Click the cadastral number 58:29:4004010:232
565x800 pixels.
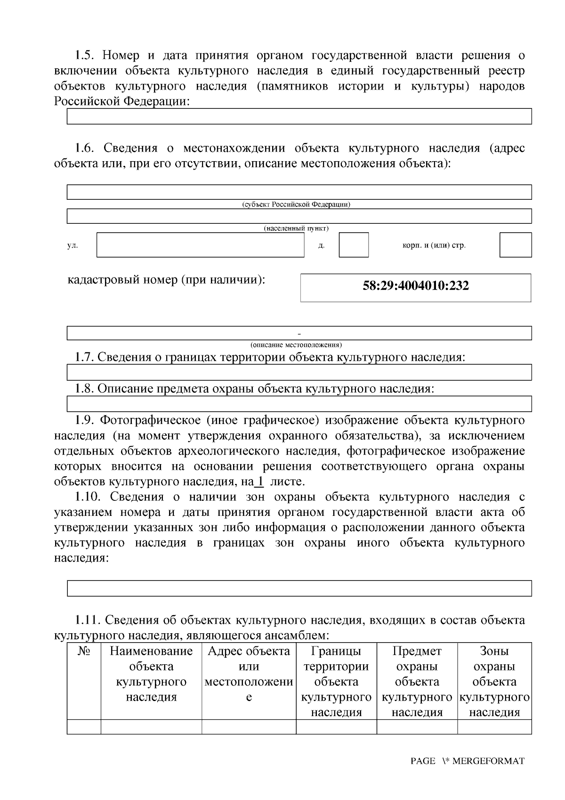tap(416, 286)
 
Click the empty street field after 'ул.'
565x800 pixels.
tap(200, 245)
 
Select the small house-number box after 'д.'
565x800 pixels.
tap(354, 245)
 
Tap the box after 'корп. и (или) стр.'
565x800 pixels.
tap(515, 245)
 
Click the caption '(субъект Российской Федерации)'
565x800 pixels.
tap(296, 205)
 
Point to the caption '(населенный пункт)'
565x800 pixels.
tap(296, 229)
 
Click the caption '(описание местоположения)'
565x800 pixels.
tap(296, 344)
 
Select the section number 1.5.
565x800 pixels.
tap(85, 56)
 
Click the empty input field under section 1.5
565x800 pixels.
tap(299, 116)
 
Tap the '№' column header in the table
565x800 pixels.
tap(84, 651)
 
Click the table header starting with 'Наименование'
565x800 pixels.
tap(151, 674)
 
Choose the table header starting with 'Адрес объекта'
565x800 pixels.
tap(249, 674)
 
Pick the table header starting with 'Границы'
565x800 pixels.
tap(336, 681)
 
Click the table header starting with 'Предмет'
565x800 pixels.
tap(417, 681)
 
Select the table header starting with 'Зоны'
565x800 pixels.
tap(494, 681)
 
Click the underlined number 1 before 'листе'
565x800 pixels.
tap(258, 482)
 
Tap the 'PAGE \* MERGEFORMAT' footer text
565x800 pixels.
tap(467, 761)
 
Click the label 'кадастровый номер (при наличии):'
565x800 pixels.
tap(167, 280)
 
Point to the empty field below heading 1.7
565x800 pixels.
tap(299, 372)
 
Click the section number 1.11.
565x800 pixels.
tap(88, 620)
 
